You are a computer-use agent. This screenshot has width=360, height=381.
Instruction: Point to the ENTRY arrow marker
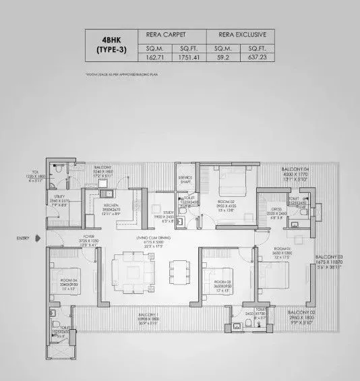39,238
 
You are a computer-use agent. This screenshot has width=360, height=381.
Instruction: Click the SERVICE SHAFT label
185,179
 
